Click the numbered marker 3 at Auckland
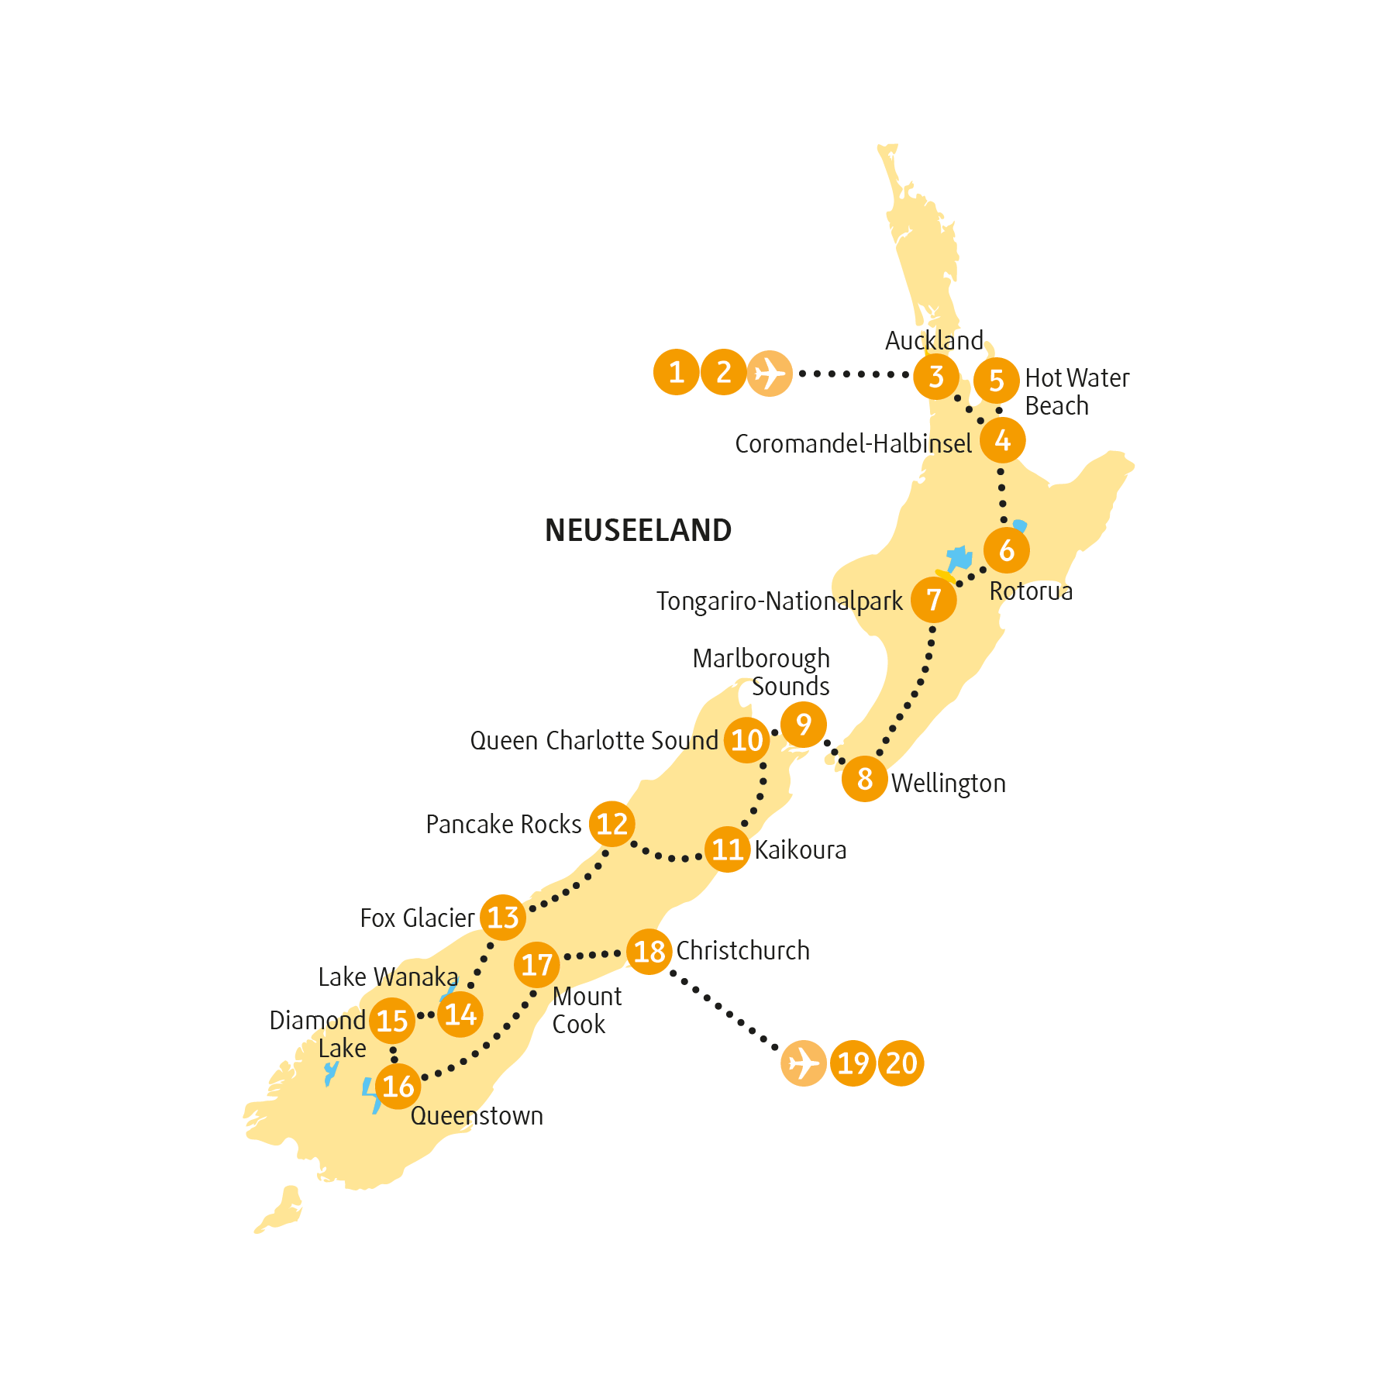(935, 377)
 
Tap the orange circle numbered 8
(864, 778)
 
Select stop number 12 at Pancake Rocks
(611, 824)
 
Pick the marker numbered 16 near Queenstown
(398, 1086)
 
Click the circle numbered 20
(901, 1063)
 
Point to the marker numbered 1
(677, 372)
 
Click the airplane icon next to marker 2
(770, 374)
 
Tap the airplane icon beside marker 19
(804, 1063)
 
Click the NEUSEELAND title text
(638, 530)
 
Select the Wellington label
(948, 783)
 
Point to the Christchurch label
(742, 950)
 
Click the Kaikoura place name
(800, 849)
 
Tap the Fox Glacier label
(418, 918)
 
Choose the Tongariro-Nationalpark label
(779, 601)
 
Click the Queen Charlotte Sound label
(594, 740)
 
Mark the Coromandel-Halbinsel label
(853, 443)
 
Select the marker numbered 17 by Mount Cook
(536, 965)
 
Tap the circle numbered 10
(747, 740)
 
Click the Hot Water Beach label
(1076, 391)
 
